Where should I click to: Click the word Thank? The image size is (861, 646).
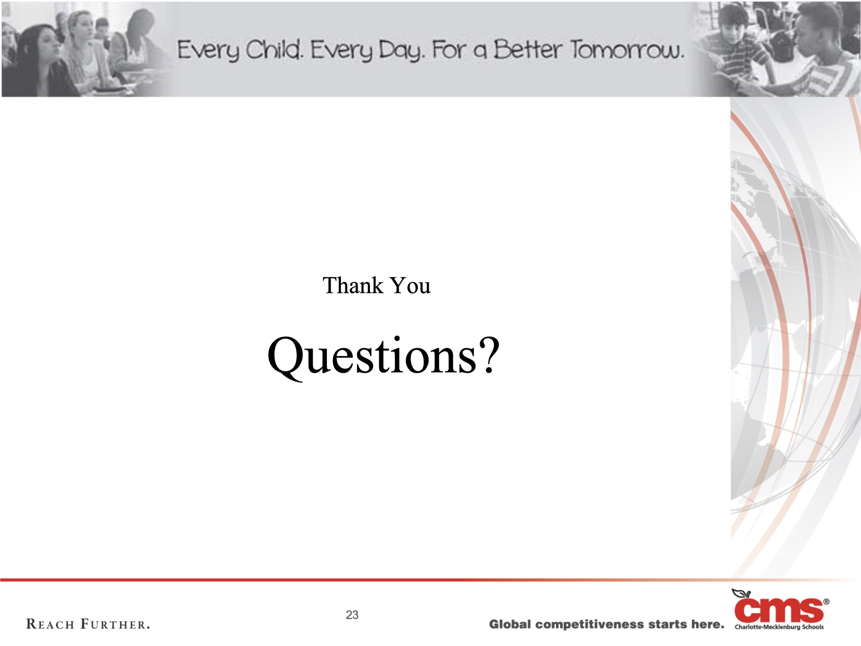point(353,285)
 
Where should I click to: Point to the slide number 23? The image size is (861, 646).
point(352,614)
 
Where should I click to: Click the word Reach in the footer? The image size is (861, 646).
point(50,624)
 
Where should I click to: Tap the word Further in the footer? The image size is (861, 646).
point(115,624)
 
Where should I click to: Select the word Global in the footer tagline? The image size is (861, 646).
point(510,624)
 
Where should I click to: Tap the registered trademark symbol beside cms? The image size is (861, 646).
point(826,602)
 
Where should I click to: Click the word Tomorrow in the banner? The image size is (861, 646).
point(627,50)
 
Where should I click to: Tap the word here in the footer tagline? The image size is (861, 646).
point(708,624)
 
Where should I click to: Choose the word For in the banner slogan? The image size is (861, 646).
point(449,50)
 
